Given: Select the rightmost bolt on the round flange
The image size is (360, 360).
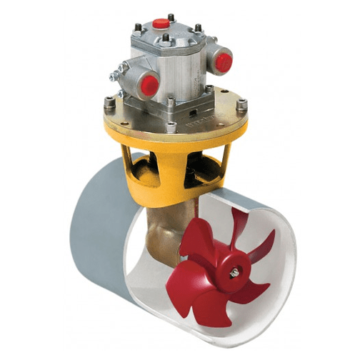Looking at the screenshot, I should point(242,105).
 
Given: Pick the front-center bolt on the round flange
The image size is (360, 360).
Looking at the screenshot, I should point(171,126).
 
